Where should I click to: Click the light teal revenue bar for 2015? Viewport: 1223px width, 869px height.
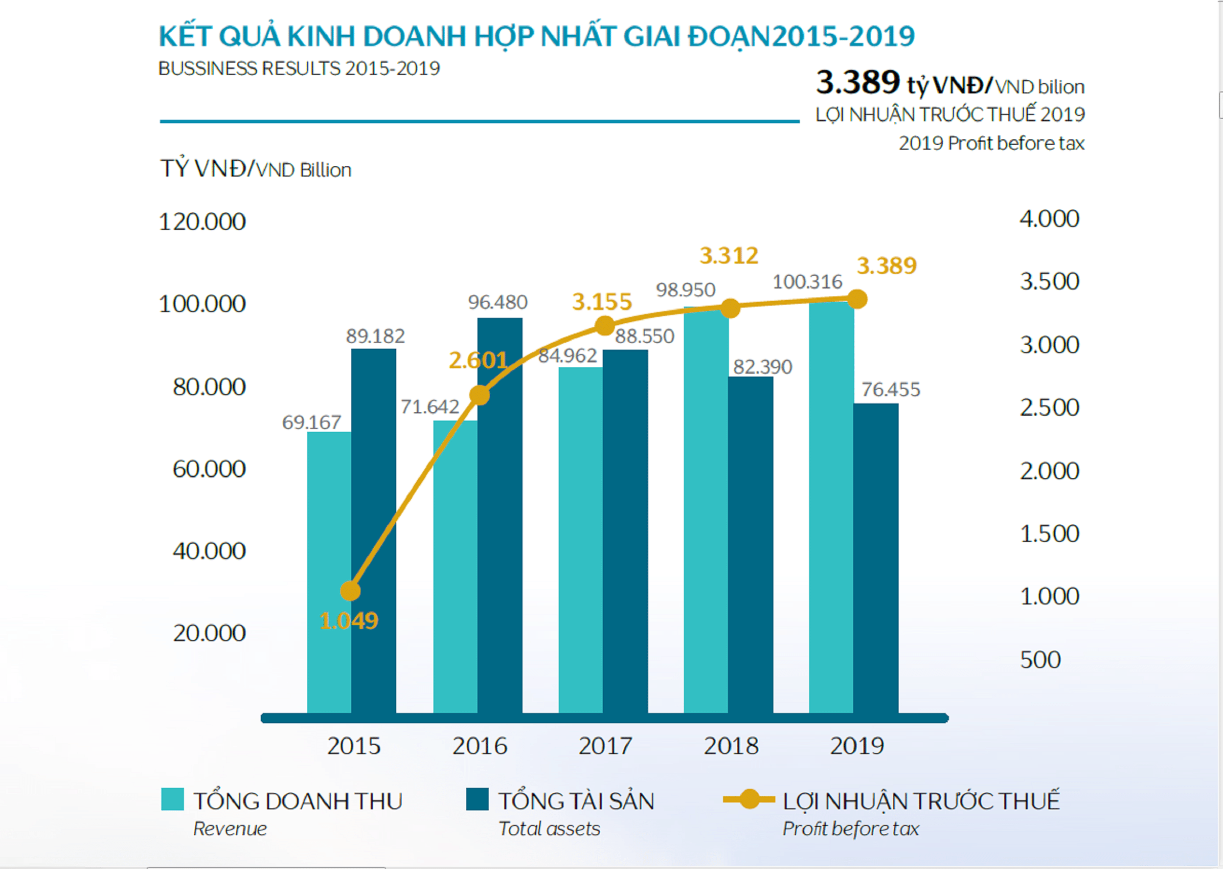point(329,573)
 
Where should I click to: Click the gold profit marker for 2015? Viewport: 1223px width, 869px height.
point(350,591)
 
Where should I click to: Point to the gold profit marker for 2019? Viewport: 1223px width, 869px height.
point(858,299)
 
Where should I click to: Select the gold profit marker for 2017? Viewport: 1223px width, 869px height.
point(605,325)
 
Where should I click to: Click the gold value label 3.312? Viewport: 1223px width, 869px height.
point(729,256)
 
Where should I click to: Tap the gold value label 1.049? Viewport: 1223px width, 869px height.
point(349,621)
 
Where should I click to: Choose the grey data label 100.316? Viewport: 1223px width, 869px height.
point(807,282)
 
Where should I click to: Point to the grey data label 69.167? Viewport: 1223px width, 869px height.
point(312,423)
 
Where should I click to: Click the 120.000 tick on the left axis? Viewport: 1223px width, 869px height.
point(203,222)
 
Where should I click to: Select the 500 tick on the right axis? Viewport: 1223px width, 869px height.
point(1040,660)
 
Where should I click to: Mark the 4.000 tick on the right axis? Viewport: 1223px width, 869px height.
point(1049,219)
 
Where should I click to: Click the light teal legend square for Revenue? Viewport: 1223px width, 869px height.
point(172,800)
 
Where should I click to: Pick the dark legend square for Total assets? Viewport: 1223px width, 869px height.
point(477,800)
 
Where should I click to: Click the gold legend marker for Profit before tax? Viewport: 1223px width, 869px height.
point(749,800)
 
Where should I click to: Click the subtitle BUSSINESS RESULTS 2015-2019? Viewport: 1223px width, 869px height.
point(299,68)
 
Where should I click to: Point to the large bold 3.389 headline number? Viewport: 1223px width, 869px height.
point(858,83)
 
